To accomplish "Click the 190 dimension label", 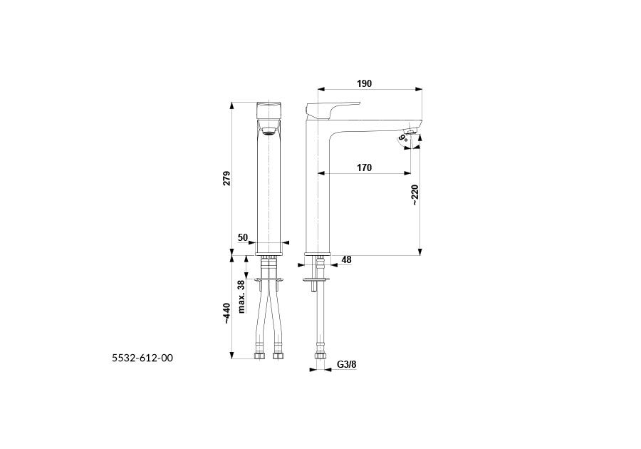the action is pyautogui.click(x=364, y=83).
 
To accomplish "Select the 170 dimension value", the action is pyautogui.click(x=364, y=167).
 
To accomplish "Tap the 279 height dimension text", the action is pyautogui.click(x=226, y=178).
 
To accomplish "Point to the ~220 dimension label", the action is pyautogui.click(x=415, y=195).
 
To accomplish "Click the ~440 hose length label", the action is pyautogui.click(x=227, y=314).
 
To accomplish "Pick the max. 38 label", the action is pyautogui.click(x=241, y=296).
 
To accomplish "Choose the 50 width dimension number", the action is pyautogui.click(x=243, y=237).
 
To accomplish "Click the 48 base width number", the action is pyautogui.click(x=346, y=259).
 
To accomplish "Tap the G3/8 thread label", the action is pyautogui.click(x=347, y=364).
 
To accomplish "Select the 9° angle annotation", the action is pyautogui.click(x=404, y=137).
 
